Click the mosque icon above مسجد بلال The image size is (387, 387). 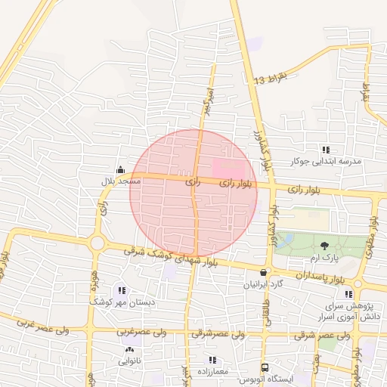pyautogui.click(x=121, y=169)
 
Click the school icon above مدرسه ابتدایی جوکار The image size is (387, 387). pyautogui.click(x=326, y=150)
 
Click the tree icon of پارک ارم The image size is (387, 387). pyautogui.click(x=324, y=245)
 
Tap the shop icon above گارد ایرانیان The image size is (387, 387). pyautogui.click(x=264, y=273)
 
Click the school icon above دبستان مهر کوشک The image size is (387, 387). pyautogui.click(x=122, y=290)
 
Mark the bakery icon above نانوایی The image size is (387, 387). pyautogui.click(x=128, y=350)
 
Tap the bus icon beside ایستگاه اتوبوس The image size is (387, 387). pyautogui.click(x=264, y=367)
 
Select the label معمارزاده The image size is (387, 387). pyautogui.click(x=213, y=372)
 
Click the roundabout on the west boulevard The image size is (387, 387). pyautogui.click(x=97, y=243)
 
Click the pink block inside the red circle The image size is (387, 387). pyautogui.click(x=230, y=168)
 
